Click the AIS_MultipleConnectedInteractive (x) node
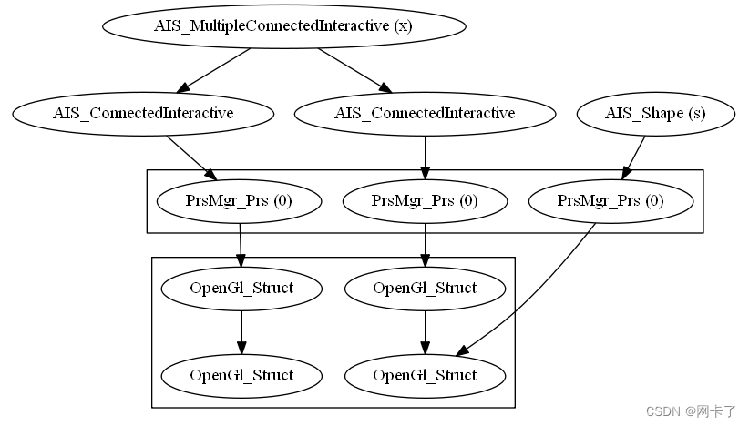point(283,25)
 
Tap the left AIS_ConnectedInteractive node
point(144,114)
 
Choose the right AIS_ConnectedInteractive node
point(425,114)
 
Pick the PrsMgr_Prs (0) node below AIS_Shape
point(610,201)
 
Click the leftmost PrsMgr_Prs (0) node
point(239,201)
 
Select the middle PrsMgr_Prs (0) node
point(425,201)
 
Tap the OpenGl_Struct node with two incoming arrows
point(425,375)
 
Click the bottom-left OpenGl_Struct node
point(241,375)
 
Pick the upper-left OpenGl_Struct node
point(241,289)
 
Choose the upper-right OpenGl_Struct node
point(425,289)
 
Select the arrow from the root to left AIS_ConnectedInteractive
point(215,69)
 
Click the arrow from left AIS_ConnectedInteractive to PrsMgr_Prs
point(190,157)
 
